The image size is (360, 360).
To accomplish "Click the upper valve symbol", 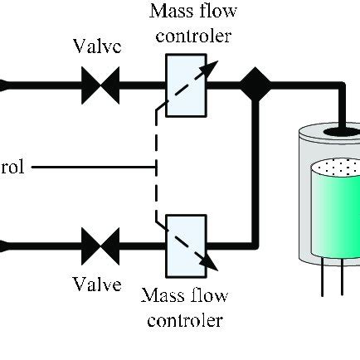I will click(103, 84).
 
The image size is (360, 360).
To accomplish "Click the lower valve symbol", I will click(103, 244).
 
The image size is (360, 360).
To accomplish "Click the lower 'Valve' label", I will click(97, 285).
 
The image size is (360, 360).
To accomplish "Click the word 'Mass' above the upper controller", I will click(168, 12).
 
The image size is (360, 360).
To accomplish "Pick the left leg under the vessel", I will click(321, 281).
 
